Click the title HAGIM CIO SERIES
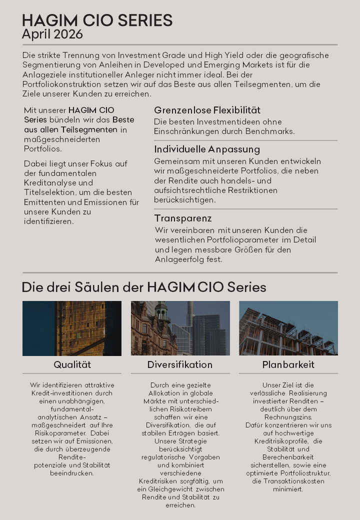click(97, 20)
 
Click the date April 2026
click(52, 34)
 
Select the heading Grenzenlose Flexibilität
click(207, 110)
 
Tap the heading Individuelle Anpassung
click(207, 149)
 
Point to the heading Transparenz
click(183, 218)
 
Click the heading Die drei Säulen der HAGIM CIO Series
click(144, 287)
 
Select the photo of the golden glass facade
click(72, 328)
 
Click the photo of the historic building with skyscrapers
click(180, 328)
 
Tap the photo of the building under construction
click(288, 328)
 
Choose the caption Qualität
click(72, 365)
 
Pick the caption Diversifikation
click(180, 365)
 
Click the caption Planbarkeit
click(288, 365)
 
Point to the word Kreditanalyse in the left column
click(46, 183)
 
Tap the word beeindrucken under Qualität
click(72, 473)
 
